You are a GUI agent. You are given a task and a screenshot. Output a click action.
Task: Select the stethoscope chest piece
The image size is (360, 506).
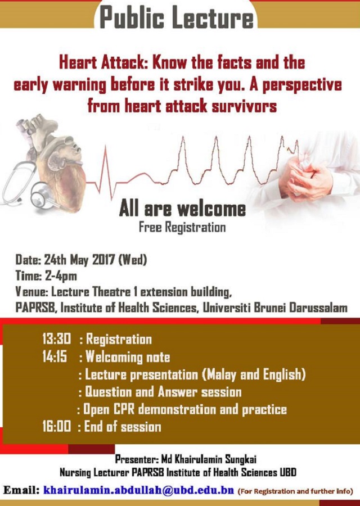pyautogui.click(x=42, y=195)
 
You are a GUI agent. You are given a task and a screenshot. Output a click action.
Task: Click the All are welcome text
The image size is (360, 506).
pyautogui.click(x=182, y=209)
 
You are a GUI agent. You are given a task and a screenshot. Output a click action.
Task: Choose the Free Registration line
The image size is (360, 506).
pyautogui.click(x=182, y=227)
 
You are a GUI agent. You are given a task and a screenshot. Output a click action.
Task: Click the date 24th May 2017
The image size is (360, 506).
pyautogui.click(x=79, y=259)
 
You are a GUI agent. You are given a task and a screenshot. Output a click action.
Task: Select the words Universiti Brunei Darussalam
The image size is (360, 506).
pyautogui.click(x=274, y=308)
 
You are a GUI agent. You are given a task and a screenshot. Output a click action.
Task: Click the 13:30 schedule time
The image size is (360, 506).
pyautogui.click(x=56, y=339)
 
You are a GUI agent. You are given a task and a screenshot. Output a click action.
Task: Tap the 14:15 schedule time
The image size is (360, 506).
pyautogui.click(x=54, y=356)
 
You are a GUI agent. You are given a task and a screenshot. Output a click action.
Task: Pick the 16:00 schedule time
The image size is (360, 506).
pyautogui.click(x=56, y=427)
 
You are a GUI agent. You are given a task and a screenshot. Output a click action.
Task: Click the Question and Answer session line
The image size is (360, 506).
pyautogui.click(x=160, y=392)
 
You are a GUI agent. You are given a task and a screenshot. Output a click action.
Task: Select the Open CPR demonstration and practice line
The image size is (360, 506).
pyautogui.click(x=182, y=409)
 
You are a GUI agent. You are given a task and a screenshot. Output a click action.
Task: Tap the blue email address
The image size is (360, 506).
pyautogui.click(x=138, y=490)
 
